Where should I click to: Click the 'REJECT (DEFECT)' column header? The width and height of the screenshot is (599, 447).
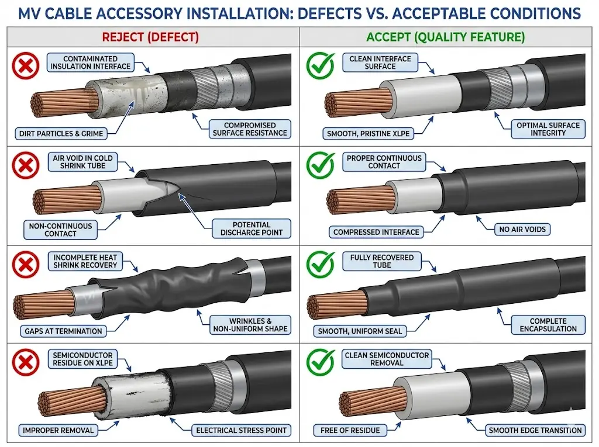coord(150,37)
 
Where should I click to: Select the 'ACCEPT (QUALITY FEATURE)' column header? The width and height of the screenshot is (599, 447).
coord(445,37)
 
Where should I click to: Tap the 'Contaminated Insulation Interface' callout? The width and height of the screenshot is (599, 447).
coord(90,63)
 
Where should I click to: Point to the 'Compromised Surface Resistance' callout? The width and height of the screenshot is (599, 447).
coord(250,129)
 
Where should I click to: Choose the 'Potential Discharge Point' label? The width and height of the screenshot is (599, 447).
coord(252,228)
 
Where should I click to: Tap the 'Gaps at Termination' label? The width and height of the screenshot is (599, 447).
coord(63,331)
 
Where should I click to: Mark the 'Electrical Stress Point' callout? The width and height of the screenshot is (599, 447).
coord(241,431)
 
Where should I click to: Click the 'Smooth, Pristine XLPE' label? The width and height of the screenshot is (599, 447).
coord(368,133)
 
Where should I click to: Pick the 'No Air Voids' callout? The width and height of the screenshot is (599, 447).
coord(522,230)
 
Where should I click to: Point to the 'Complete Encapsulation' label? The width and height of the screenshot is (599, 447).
coord(548,325)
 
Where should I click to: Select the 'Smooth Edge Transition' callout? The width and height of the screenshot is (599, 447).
coord(535,431)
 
